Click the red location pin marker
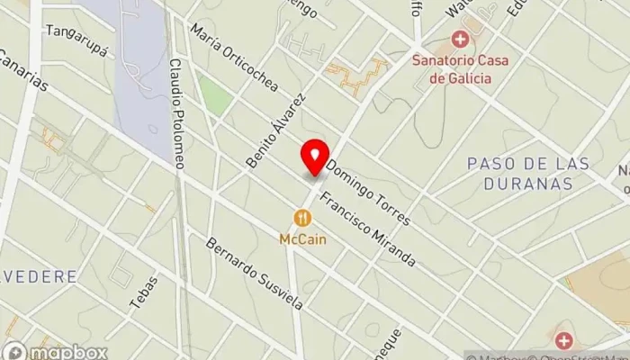coord(315,157)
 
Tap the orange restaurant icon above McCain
coord(301,218)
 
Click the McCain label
coord(301,239)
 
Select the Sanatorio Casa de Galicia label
coord(460,69)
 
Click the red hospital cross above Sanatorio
coord(460,40)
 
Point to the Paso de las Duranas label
coord(529,174)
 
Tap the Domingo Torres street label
coord(368,193)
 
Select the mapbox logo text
coord(70,352)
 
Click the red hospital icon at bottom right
coord(563,340)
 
